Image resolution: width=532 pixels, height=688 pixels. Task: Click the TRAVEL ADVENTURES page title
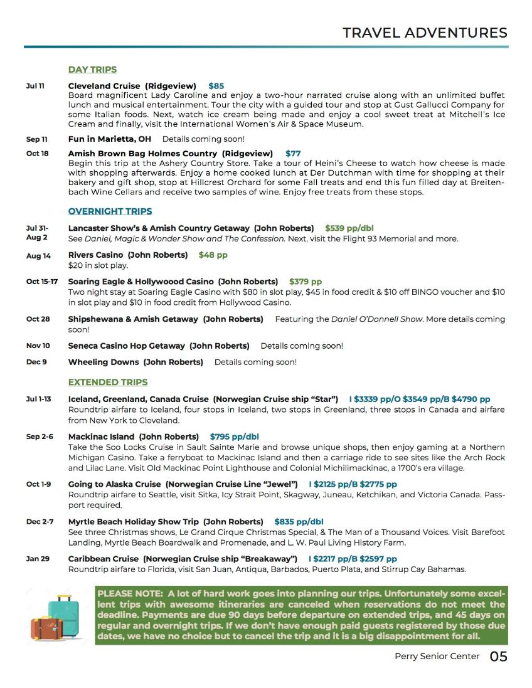[x=425, y=33]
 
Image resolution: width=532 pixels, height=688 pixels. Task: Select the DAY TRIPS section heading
[x=92, y=70]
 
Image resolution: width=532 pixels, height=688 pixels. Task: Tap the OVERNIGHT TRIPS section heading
[x=110, y=211]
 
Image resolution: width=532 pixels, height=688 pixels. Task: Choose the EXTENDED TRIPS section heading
[x=108, y=382]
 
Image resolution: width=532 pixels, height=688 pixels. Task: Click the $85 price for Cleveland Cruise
[x=216, y=86]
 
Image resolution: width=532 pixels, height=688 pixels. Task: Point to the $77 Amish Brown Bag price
[x=293, y=154]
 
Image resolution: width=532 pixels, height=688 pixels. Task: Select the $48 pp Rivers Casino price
[x=213, y=255]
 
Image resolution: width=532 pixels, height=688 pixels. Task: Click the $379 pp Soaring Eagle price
[x=305, y=282]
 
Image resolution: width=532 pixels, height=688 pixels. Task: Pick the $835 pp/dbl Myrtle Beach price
[x=299, y=521]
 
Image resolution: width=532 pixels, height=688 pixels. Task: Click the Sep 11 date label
[x=36, y=139]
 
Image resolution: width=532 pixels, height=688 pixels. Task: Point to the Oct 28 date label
[x=38, y=319]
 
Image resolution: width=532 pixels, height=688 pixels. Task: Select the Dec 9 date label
[x=36, y=362]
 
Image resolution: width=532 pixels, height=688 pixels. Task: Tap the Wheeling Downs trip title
[x=104, y=362]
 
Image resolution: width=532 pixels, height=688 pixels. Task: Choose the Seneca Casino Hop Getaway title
[x=127, y=346]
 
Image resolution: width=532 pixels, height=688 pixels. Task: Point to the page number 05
[x=498, y=657]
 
